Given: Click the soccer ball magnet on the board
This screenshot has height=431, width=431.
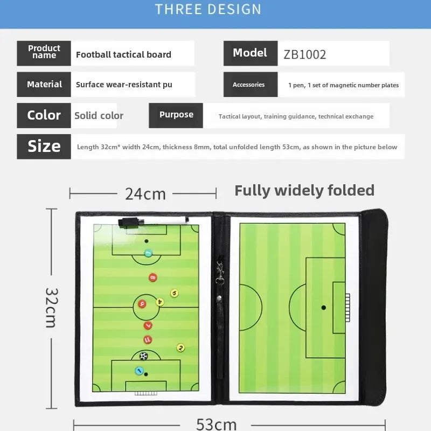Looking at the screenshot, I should [143, 356].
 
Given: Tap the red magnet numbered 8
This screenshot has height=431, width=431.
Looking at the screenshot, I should [153, 278].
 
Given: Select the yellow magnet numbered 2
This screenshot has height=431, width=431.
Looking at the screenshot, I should [180, 347].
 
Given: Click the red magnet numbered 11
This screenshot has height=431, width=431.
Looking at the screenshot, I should [148, 339].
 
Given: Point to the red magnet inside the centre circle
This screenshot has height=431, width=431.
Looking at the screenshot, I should [142, 304].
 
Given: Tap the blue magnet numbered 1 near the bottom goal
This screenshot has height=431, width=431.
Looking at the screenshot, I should [140, 371].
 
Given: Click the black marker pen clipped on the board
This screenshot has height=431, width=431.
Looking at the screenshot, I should [131, 223].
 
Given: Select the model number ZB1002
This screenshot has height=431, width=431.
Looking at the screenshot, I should [305, 54].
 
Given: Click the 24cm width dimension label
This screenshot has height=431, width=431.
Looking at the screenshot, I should [145, 193].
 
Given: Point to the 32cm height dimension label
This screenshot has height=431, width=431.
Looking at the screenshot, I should [51, 307].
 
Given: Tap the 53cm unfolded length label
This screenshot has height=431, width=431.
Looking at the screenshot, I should [216, 424].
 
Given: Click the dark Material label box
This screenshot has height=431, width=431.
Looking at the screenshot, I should [44, 85].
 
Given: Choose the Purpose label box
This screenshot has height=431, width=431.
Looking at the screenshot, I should [176, 115].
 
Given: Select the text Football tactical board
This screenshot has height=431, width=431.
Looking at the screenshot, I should [123, 54].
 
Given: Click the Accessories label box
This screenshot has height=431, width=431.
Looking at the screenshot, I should [249, 85].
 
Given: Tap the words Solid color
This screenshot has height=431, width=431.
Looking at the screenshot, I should [99, 116].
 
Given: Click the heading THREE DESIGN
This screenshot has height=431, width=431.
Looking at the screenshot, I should [208, 9].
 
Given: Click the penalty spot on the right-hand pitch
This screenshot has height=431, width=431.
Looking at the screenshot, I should [323, 308].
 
